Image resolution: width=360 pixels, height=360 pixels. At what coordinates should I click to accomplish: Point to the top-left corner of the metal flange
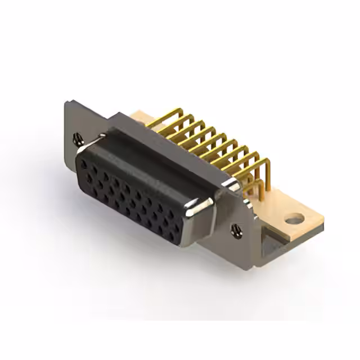click(66, 102)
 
